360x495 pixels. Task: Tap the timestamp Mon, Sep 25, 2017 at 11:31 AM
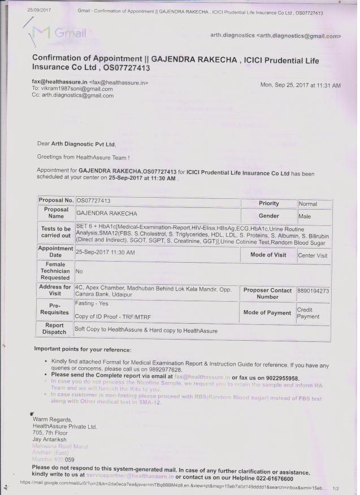300,85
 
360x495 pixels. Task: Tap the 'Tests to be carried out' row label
56,232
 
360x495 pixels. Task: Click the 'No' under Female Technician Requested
80,271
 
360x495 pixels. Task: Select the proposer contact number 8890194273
314,290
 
